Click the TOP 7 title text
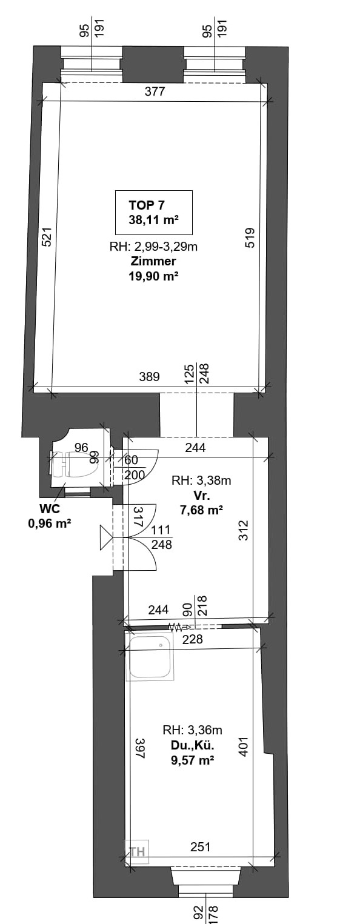coord(147,205)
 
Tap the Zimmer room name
coord(153,261)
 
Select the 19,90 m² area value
coord(153,276)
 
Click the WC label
coord(50,508)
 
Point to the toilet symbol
coord(75,464)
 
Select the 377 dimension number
coord(155,91)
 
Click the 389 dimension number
coord(149,377)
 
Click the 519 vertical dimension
coord(250,238)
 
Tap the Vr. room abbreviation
coord(202,495)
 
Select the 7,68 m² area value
coord(201,510)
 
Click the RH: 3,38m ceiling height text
coord(201,480)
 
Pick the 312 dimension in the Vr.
coord(244,530)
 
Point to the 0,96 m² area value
coord(49,523)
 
